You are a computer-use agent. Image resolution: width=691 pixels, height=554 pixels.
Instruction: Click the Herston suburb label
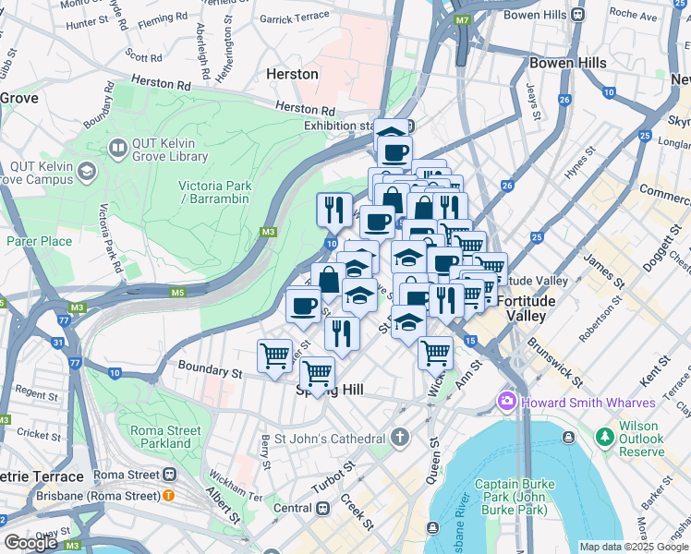pyautogui.click(x=292, y=74)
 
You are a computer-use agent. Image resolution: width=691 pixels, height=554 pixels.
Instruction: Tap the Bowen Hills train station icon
pyautogui.click(x=577, y=15)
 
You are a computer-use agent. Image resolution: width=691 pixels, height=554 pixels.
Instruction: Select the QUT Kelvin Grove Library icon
pyautogui.click(x=117, y=148)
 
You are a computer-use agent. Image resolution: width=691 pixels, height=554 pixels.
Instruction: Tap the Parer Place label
pyautogui.click(x=39, y=241)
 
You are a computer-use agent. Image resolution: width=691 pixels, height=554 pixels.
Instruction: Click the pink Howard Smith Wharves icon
pyautogui.click(x=506, y=402)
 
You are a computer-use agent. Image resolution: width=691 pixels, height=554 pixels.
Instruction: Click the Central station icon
pyautogui.click(x=323, y=508)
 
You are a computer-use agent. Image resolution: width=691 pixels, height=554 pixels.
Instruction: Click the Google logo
pyautogui.click(x=31, y=543)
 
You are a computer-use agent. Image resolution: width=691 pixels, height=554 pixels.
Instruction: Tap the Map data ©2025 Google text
pyautogui.click(x=634, y=547)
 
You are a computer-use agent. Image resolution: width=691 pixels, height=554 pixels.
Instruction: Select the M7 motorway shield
pyautogui.click(x=462, y=19)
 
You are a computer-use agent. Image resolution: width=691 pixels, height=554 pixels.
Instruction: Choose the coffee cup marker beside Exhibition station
pyautogui.click(x=394, y=151)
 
